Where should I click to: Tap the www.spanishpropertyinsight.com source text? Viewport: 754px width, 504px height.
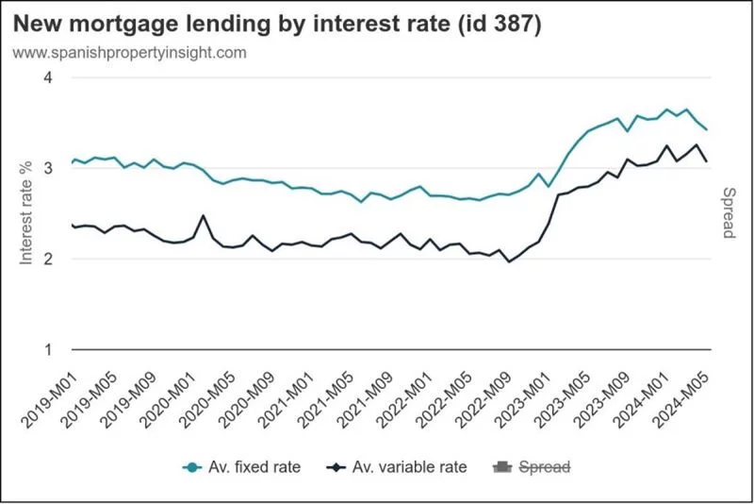tap(130, 53)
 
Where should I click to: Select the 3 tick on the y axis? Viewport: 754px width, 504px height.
tap(48, 168)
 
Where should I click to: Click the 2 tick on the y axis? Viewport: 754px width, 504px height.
tap(48, 259)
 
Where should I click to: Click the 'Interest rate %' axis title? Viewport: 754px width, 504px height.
tap(25, 212)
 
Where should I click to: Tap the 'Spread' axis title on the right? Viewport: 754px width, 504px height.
tap(729, 212)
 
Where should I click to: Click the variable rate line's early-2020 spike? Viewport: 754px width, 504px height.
tap(204, 216)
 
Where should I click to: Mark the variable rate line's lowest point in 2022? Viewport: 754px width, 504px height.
tap(510, 261)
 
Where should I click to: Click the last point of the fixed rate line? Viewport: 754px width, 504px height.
tap(707, 129)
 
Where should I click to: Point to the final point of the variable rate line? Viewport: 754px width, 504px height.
tap(707, 161)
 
